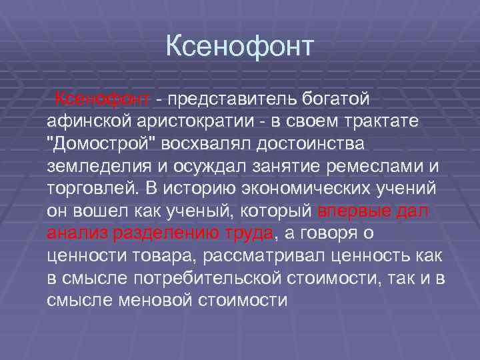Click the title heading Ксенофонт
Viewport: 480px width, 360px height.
239,47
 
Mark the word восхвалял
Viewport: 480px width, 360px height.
203,144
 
